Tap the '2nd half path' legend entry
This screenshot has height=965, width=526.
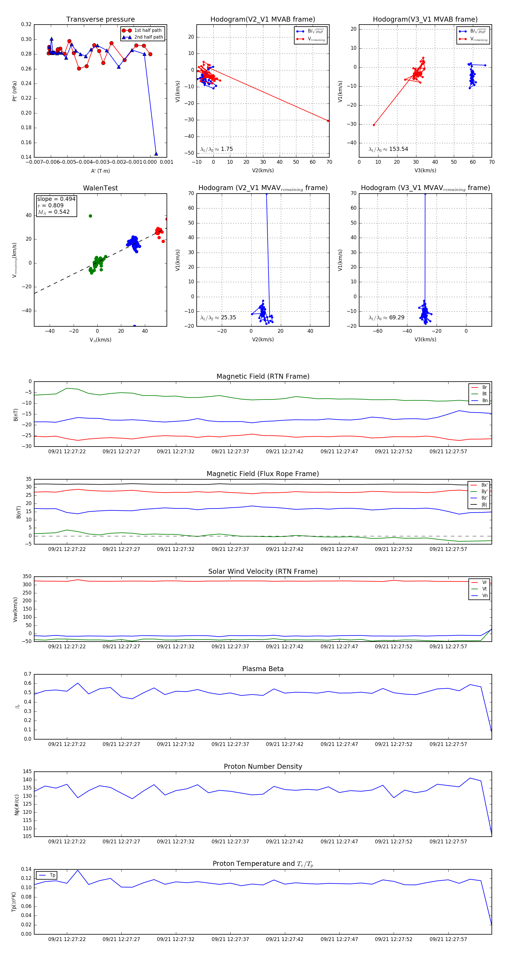(x=148, y=37)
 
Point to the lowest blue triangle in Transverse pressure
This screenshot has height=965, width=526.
(x=156, y=154)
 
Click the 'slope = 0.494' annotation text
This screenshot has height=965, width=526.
(x=56, y=199)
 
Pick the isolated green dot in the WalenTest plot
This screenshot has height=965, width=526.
(x=90, y=216)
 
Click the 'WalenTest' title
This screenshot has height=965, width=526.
(x=100, y=188)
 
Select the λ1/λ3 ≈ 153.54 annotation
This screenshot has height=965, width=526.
(x=388, y=149)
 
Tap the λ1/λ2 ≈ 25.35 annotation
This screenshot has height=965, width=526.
(x=218, y=318)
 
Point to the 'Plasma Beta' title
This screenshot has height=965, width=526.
(x=263, y=669)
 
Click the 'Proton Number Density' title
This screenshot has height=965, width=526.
(x=263, y=766)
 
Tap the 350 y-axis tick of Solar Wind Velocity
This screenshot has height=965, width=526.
(x=27, y=577)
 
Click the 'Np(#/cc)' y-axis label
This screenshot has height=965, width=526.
(x=16, y=804)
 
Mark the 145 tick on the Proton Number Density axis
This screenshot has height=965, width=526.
(x=27, y=772)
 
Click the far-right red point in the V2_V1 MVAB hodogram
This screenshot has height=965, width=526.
(x=328, y=120)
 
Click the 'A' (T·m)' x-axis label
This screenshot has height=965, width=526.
(x=100, y=171)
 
